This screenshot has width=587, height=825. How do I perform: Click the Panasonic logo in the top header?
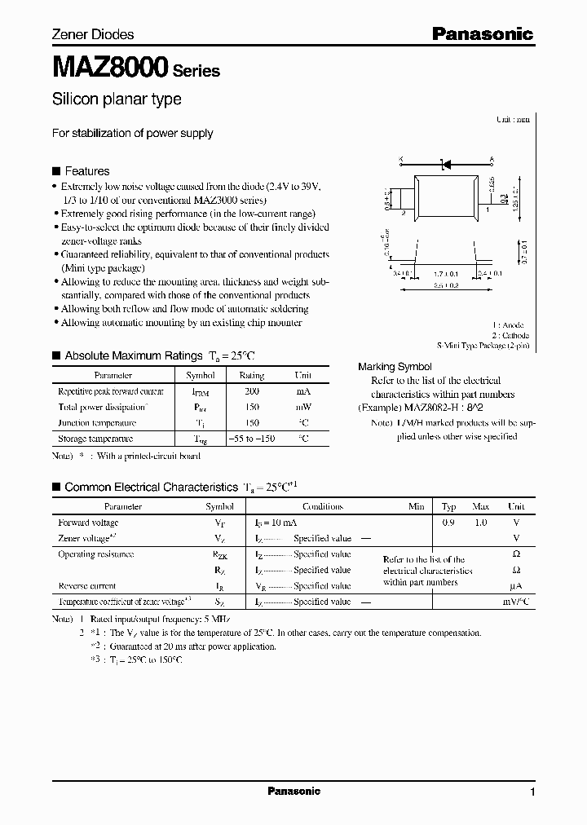click(482, 34)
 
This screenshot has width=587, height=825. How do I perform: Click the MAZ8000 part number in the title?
click(110, 67)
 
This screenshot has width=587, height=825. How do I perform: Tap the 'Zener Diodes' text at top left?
click(93, 34)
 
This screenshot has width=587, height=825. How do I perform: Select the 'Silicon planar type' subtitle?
click(117, 99)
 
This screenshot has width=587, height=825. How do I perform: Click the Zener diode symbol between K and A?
click(446, 164)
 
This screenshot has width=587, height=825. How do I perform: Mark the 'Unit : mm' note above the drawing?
click(513, 119)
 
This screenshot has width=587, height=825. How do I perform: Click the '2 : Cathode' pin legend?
click(510, 335)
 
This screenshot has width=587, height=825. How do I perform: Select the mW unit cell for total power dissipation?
click(302, 407)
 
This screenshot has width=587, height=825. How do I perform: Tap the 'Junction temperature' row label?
click(97, 423)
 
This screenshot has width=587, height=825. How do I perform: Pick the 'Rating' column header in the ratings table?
click(251, 376)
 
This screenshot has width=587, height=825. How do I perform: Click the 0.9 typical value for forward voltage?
click(448, 523)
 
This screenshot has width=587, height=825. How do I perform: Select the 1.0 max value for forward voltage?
click(480, 523)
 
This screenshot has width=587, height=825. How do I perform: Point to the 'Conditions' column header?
click(322, 506)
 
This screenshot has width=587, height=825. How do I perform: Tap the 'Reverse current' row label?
click(87, 586)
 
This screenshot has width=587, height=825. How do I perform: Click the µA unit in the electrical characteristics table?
click(514, 586)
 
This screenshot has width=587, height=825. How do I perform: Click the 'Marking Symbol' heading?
click(395, 367)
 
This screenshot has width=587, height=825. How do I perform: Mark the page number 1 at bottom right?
click(532, 792)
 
